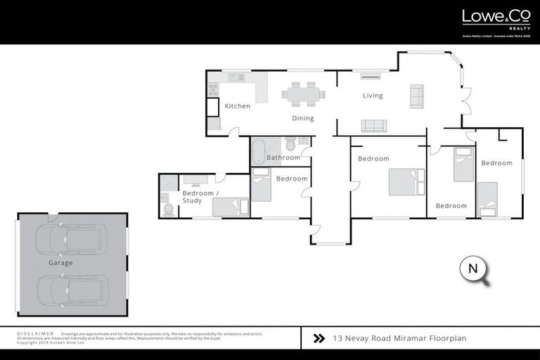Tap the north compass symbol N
472,269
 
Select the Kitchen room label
237,106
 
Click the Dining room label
303,118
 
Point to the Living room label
373,96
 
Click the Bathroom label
283,157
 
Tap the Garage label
60,263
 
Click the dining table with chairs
304,93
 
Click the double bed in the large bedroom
406,181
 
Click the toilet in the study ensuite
168,208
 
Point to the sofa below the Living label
373,126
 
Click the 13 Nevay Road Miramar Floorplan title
399,338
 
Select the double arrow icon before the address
319,338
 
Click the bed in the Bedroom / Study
231,207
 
